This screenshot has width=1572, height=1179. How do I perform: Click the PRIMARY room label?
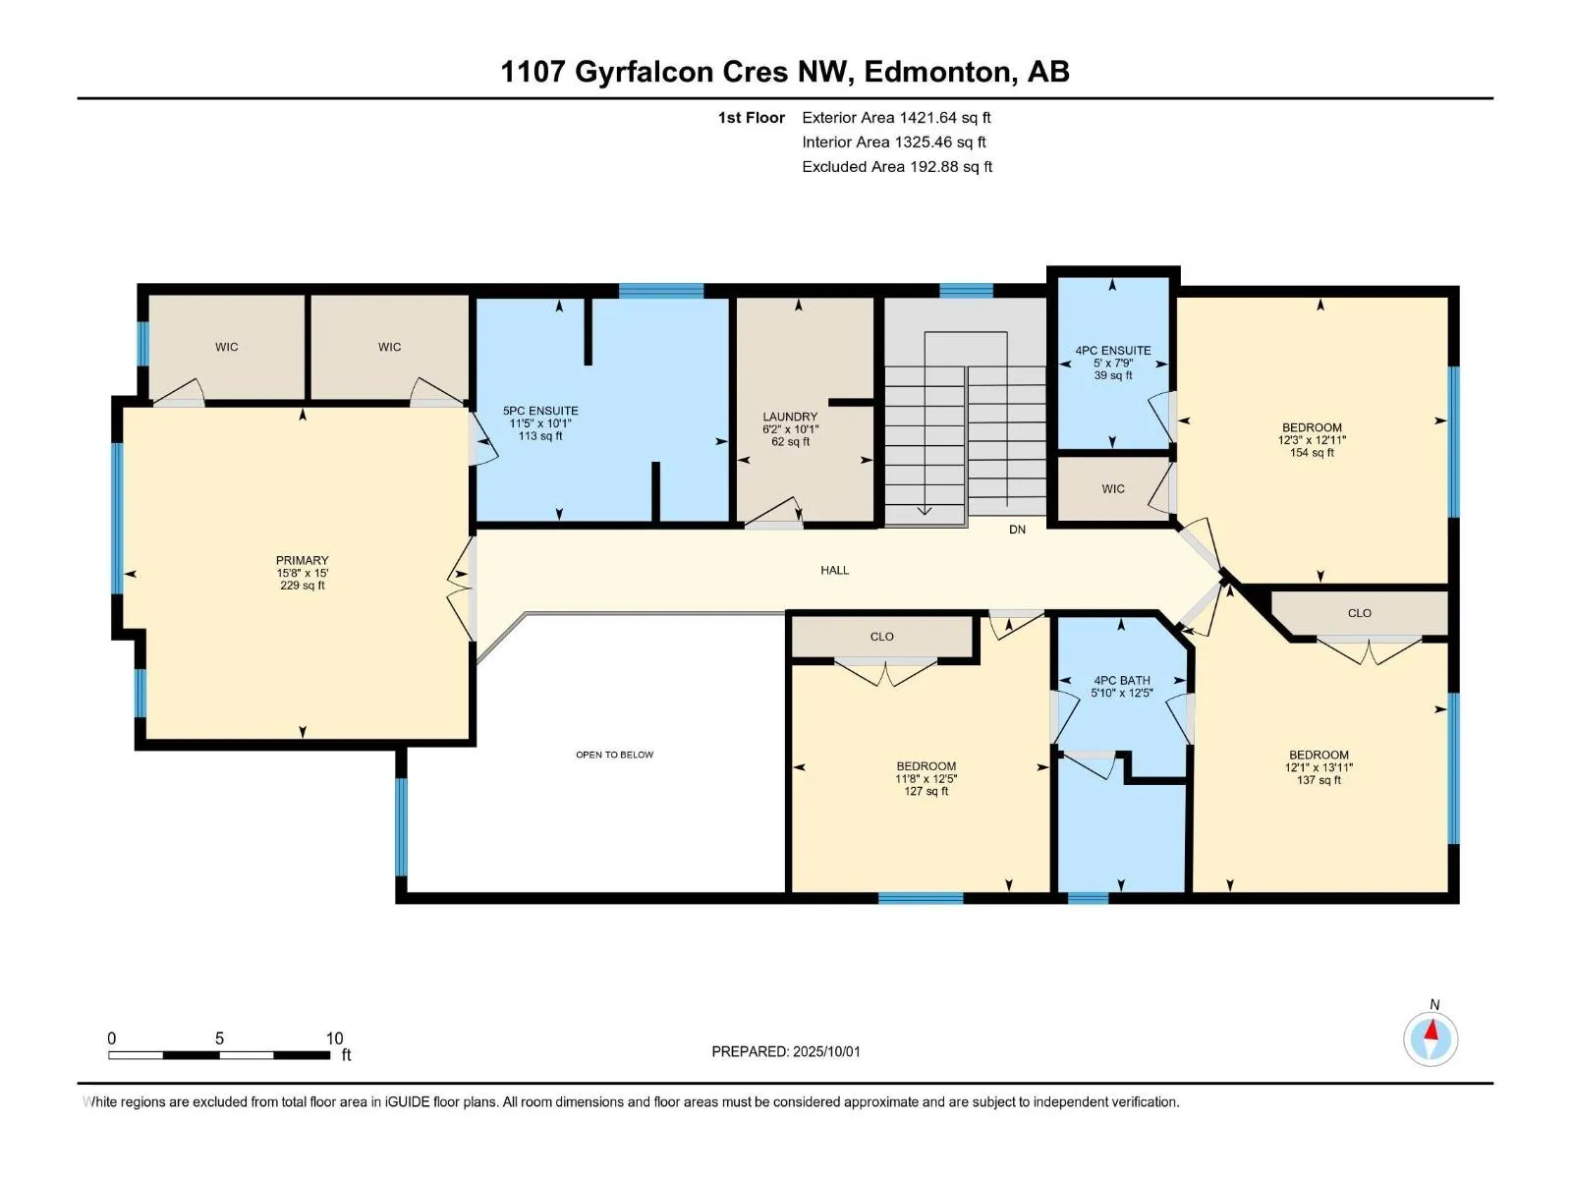(303, 560)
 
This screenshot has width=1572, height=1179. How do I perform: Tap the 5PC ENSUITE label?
(540, 411)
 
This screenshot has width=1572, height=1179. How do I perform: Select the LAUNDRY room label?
(790, 417)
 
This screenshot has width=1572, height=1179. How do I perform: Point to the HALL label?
(834, 571)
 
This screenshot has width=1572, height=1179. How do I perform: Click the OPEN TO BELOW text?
(614, 755)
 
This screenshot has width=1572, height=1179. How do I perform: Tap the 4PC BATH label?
(1122, 681)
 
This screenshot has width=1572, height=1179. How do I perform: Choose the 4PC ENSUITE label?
(1113, 351)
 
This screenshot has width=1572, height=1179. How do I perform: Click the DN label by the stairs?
(1017, 530)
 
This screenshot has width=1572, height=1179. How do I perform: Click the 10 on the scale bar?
(334, 1039)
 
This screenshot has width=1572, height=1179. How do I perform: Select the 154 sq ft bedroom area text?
(1312, 453)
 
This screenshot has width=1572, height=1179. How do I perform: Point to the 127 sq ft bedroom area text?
(926, 792)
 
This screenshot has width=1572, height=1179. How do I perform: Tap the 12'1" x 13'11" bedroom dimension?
(1319, 768)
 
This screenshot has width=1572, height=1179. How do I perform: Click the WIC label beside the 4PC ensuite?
(1113, 489)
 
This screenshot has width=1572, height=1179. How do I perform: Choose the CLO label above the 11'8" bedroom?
(881, 637)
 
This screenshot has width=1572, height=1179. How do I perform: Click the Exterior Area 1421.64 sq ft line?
(896, 118)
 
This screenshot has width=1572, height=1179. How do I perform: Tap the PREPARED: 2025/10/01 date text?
(786, 1052)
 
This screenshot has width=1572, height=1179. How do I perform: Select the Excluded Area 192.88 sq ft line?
(897, 167)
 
